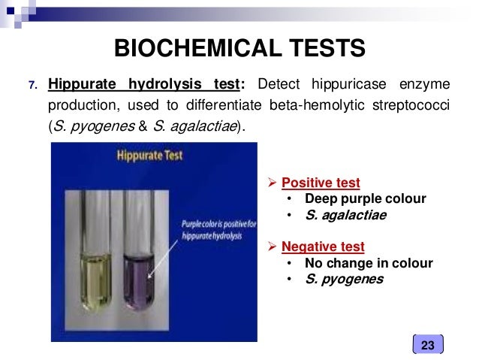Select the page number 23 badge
[428, 345]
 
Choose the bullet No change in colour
[369, 263]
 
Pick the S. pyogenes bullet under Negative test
[344, 280]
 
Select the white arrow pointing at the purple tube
[164, 258]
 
